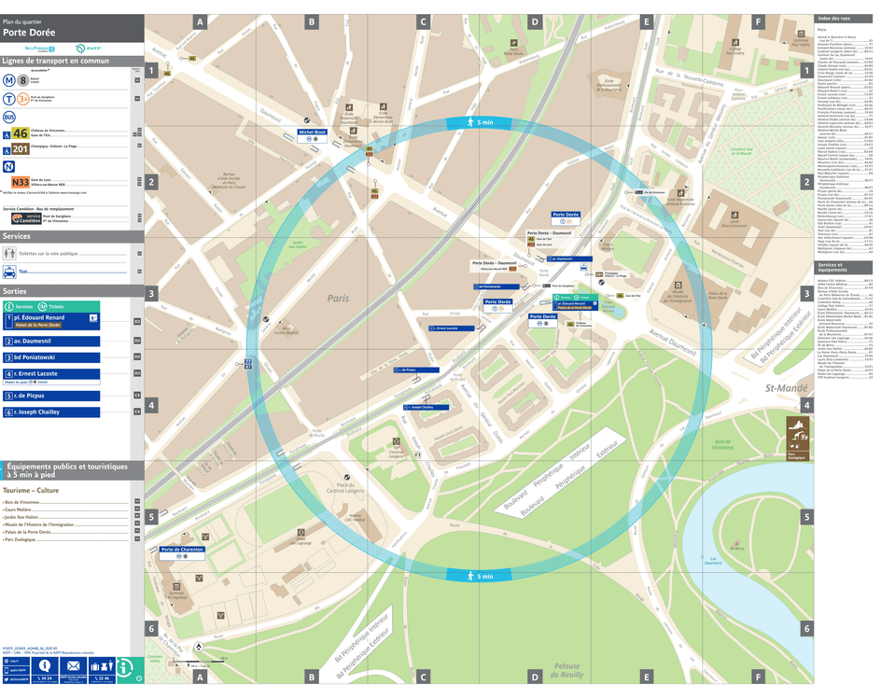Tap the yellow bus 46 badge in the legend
20,133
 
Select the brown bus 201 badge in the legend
20,148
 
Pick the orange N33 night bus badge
20,183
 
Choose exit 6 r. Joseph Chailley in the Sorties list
37,412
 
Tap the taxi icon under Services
9,272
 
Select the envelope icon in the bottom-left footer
73,665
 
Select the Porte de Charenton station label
182,550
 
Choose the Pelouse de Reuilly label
566,671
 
